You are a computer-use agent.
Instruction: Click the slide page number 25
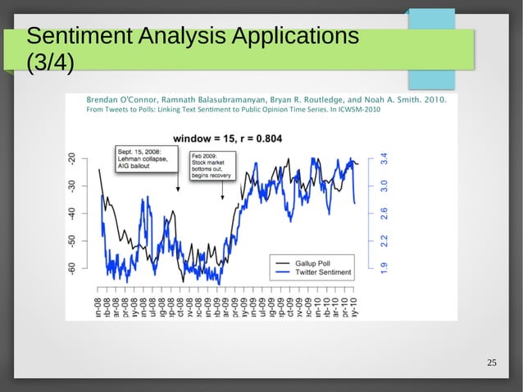[492, 363]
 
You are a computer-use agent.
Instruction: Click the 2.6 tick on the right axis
[384, 213]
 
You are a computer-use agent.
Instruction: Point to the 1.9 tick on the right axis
[384, 266]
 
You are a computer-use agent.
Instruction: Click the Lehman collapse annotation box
[139, 160]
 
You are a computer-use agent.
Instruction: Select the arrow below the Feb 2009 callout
[222, 192]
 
